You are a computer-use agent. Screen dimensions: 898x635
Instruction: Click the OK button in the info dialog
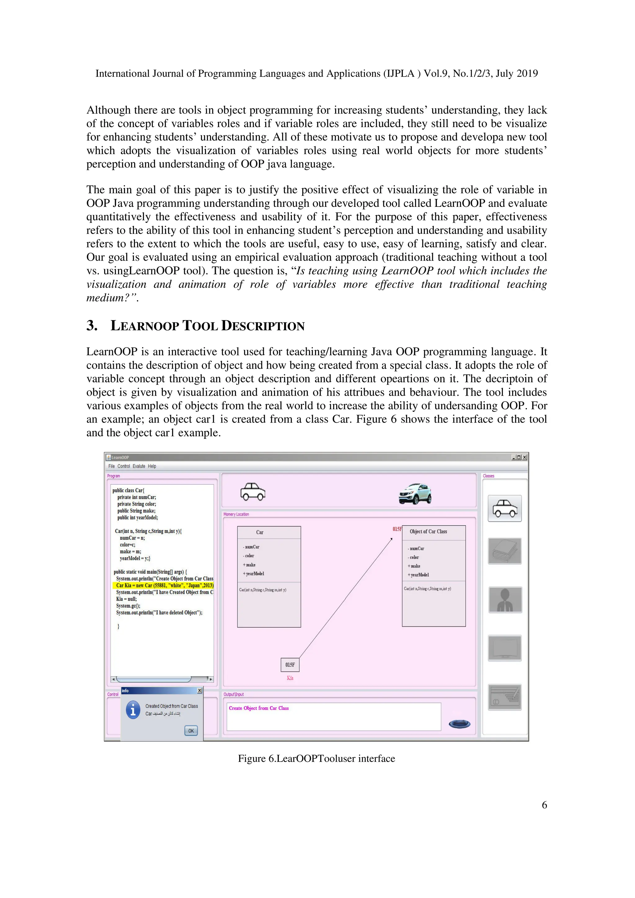pyautogui.click(x=191, y=731)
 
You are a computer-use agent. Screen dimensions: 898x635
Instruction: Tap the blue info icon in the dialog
pyautogui.click(x=133, y=710)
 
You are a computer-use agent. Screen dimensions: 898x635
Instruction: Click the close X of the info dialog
pyautogui.click(x=199, y=691)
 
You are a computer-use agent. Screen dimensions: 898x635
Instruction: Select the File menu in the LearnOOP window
pyautogui.click(x=111, y=466)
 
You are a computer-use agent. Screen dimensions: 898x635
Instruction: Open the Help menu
pyautogui.click(x=152, y=466)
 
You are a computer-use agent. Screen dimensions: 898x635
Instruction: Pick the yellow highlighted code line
pyautogui.click(x=164, y=585)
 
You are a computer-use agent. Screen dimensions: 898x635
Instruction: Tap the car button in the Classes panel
pyautogui.click(x=504, y=509)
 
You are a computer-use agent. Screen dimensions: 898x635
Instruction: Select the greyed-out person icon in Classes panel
pyautogui.click(x=505, y=600)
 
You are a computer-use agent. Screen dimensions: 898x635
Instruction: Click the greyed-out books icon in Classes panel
pyautogui.click(x=505, y=551)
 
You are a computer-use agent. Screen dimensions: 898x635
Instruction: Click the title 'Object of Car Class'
pyautogui.click(x=428, y=531)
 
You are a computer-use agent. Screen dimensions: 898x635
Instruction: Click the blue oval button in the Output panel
pyautogui.click(x=460, y=724)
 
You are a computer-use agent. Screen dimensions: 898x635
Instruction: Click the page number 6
pyautogui.click(x=544, y=805)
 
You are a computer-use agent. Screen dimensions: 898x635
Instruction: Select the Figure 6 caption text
pyautogui.click(x=316, y=759)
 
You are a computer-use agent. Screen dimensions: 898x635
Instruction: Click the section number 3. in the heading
pyautogui.click(x=92, y=325)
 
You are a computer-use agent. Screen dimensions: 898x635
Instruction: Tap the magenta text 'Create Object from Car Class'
pyautogui.click(x=259, y=708)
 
